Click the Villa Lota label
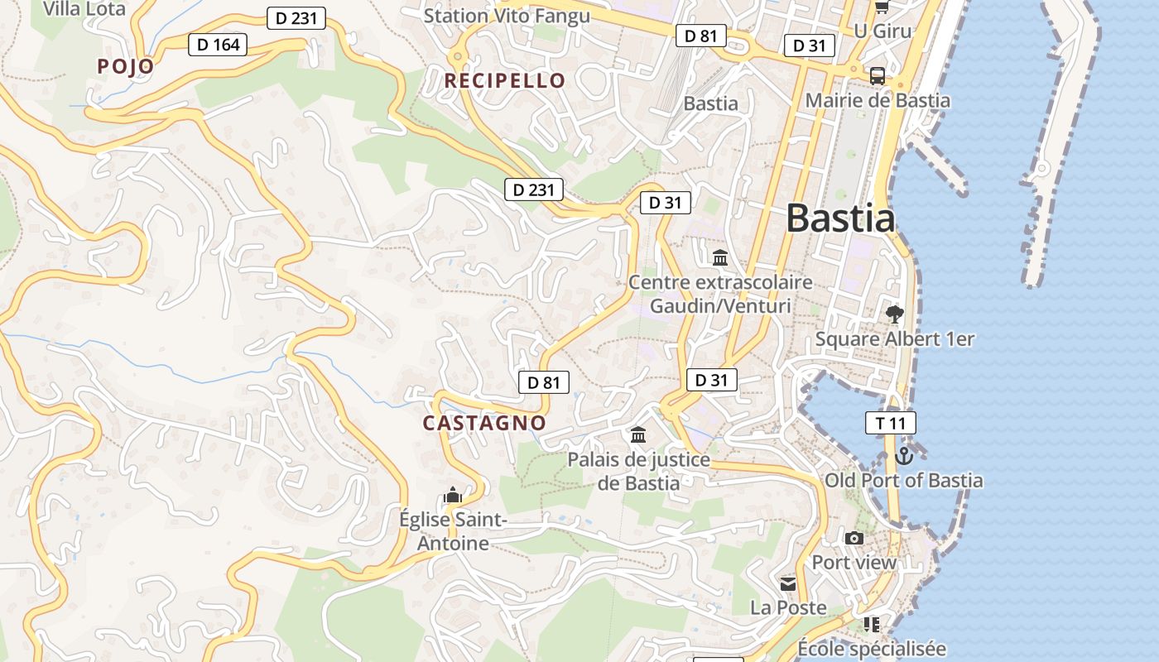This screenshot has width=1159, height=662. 84,9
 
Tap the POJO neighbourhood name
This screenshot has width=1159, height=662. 126,66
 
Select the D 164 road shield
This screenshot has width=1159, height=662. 219,44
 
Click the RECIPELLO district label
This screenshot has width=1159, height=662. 505,80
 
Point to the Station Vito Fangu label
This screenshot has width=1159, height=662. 507,16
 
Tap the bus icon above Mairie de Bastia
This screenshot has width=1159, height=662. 878,76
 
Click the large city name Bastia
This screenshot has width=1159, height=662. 840,218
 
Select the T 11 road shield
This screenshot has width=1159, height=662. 891,423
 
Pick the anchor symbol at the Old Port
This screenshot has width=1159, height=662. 904,455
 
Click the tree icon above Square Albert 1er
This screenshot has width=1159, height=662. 894,314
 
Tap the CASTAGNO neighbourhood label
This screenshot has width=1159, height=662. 484,423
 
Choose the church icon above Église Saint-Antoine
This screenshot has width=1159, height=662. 452,495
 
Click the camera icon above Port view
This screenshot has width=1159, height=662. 854,538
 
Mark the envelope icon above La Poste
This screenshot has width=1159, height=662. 787,584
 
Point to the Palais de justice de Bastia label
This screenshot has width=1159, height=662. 638,471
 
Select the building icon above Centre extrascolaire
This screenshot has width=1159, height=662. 720,257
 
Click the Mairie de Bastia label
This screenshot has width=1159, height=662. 878,101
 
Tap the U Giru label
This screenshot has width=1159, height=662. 882,31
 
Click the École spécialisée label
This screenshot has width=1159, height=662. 871,648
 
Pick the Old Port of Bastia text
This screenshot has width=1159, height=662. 904,480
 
